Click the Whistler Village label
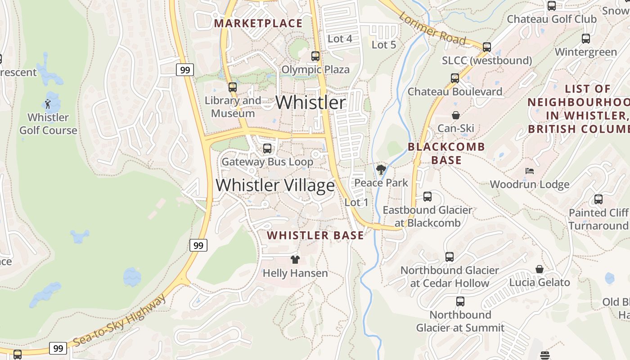[275, 185]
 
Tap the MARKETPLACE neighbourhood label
[258, 23]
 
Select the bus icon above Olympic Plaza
[315, 56]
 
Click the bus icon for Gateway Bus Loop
[267, 148]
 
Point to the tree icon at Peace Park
[381, 170]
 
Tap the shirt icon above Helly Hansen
[295, 259]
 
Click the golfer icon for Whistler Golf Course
[48, 104]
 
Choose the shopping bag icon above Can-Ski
[456, 115]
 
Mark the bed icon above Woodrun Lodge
[530, 171]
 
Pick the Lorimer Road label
[432, 28]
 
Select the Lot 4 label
[340, 39]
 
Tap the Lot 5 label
[383, 45]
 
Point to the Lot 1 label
[356, 202]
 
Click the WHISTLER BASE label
[315, 235]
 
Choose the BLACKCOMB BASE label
[446, 153]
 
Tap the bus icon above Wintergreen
[585, 39]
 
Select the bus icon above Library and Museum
[232, 87]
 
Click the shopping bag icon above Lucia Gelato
[539, 269]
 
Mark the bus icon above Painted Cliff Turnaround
[598, 199]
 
